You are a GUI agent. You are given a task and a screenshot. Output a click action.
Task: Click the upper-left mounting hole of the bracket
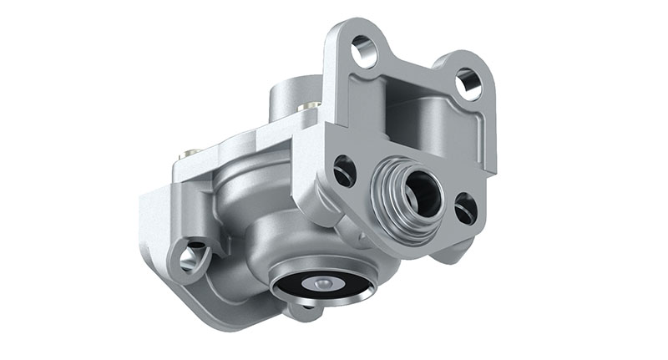coord(364,52)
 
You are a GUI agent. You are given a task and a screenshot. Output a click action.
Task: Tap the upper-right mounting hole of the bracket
coord(468,83)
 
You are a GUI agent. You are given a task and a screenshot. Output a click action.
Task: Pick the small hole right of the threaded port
coord(466,208)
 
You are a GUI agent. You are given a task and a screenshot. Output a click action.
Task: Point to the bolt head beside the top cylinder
coord(311,106)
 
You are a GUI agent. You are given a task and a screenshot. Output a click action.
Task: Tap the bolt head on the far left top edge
coord(191,154)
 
